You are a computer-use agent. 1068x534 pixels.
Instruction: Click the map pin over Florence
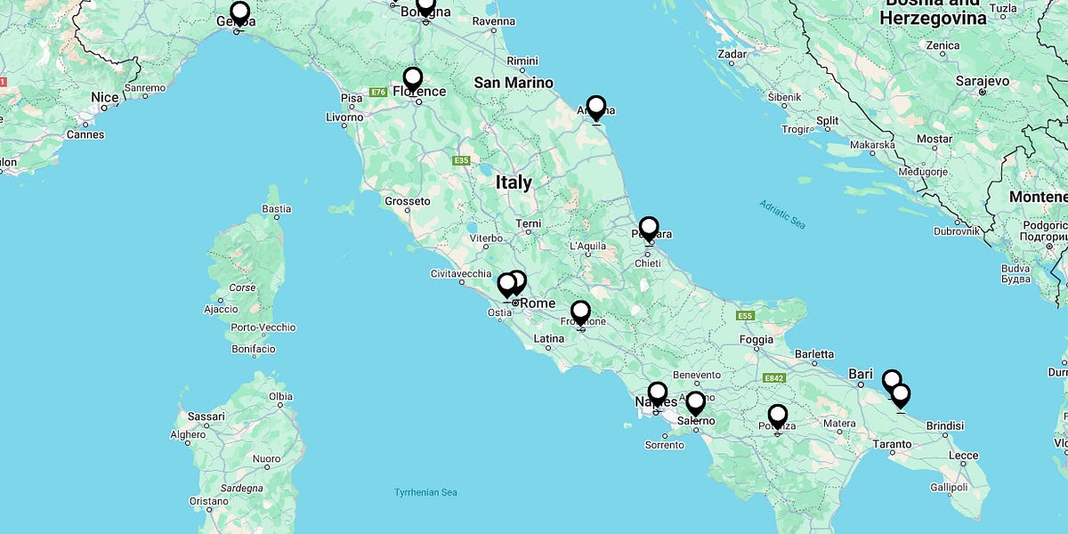click(412, 79)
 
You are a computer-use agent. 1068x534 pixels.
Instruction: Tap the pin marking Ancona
click(596, 108)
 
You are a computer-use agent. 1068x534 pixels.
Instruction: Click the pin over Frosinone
click(580, 312)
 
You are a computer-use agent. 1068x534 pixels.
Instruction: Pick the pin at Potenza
click(778, 416)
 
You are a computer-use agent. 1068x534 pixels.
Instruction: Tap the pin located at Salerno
click(695, 403)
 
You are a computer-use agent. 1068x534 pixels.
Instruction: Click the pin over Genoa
click(239, 13)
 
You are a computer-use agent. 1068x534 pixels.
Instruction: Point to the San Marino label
click(514, 83)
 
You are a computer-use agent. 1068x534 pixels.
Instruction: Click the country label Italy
click(514, 182)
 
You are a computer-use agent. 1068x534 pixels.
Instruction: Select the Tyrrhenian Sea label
click(425, 492)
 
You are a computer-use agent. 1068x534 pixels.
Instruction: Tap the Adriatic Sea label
click(782, 214)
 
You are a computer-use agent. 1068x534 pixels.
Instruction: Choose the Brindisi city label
click(945, 426)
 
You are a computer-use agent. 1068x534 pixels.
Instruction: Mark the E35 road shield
click(461, 160)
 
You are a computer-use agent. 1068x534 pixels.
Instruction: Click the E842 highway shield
click(773, 378)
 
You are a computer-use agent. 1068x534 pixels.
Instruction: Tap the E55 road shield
click(745, 316)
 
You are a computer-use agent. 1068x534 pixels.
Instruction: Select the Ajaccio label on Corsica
click(221, 309)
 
